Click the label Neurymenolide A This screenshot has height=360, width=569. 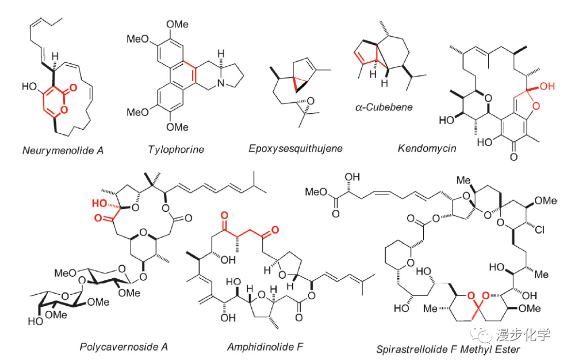(x=63, y=150)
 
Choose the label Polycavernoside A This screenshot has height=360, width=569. (x=124, y=346)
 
